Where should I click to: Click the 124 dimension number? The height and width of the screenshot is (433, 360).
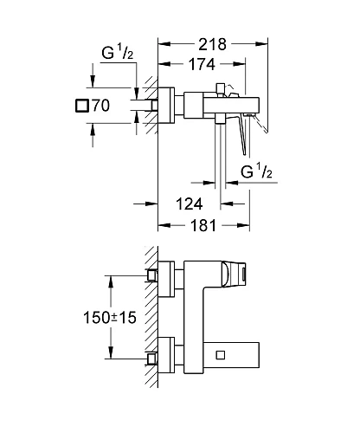point(188,204)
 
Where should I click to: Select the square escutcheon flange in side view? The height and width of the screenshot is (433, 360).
point(171,108)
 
